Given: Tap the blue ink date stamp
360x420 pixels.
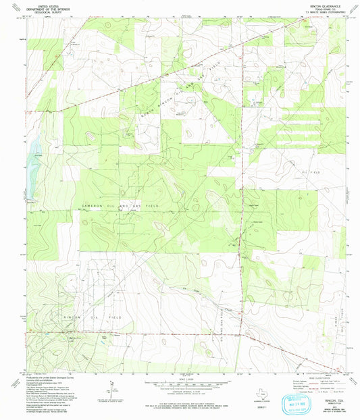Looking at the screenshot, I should click(304, 398).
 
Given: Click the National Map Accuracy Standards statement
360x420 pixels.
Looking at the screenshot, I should click(182, 400).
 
